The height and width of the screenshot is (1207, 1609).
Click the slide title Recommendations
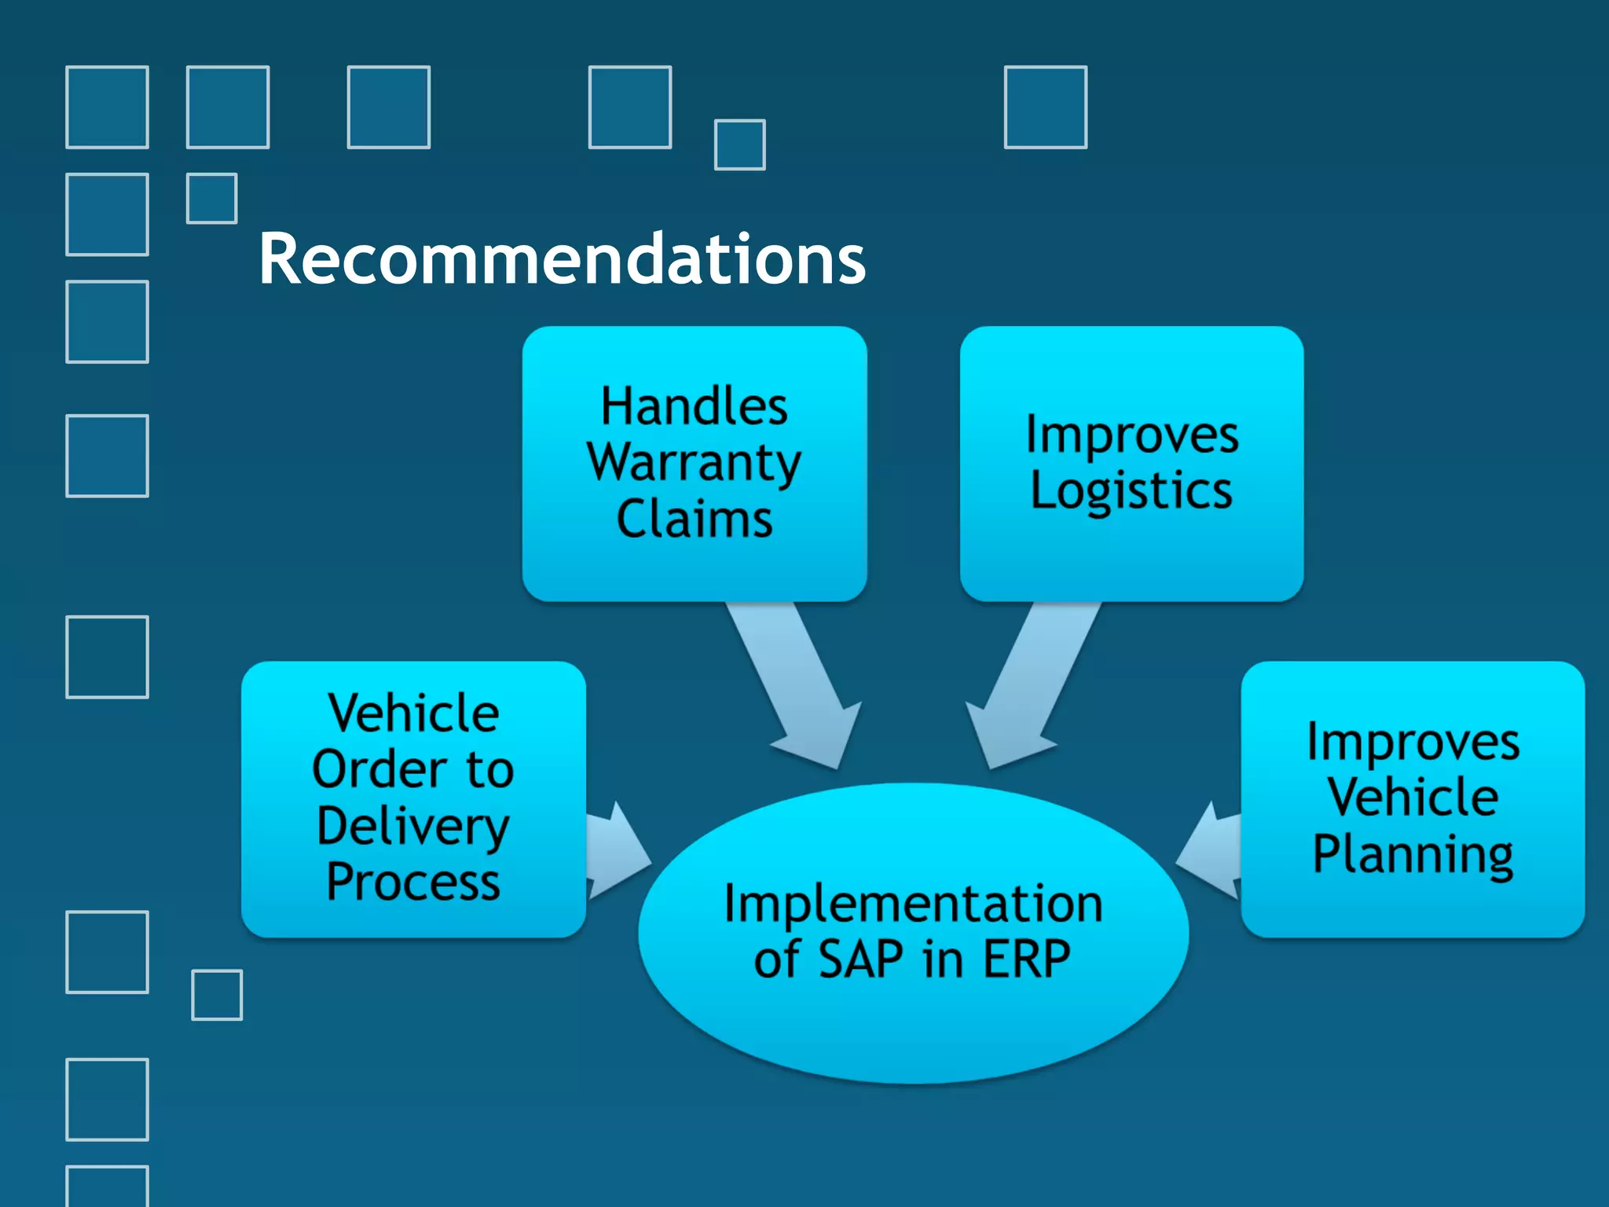tap(562, 259)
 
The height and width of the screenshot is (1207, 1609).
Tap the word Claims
tap(695, 519)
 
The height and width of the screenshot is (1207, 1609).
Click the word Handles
tap(695, 406)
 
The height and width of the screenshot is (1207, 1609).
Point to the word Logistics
tap(1131, 491)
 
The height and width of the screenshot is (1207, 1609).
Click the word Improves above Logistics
tap(1131, 435)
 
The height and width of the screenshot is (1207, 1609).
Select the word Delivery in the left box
tap(413, 826)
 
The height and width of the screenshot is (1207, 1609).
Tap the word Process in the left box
tap(413, 882)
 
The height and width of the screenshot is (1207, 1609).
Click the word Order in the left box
tap(379, 769)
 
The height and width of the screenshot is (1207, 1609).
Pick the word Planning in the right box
tap(1413, 854)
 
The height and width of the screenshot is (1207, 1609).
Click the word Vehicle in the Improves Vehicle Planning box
tap(1413, 798)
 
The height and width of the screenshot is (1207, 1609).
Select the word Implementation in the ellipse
tap(913, 904)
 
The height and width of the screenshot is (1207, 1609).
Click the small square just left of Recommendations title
tap(212, 199)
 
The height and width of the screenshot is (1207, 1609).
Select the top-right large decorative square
tap(1046, 107)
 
